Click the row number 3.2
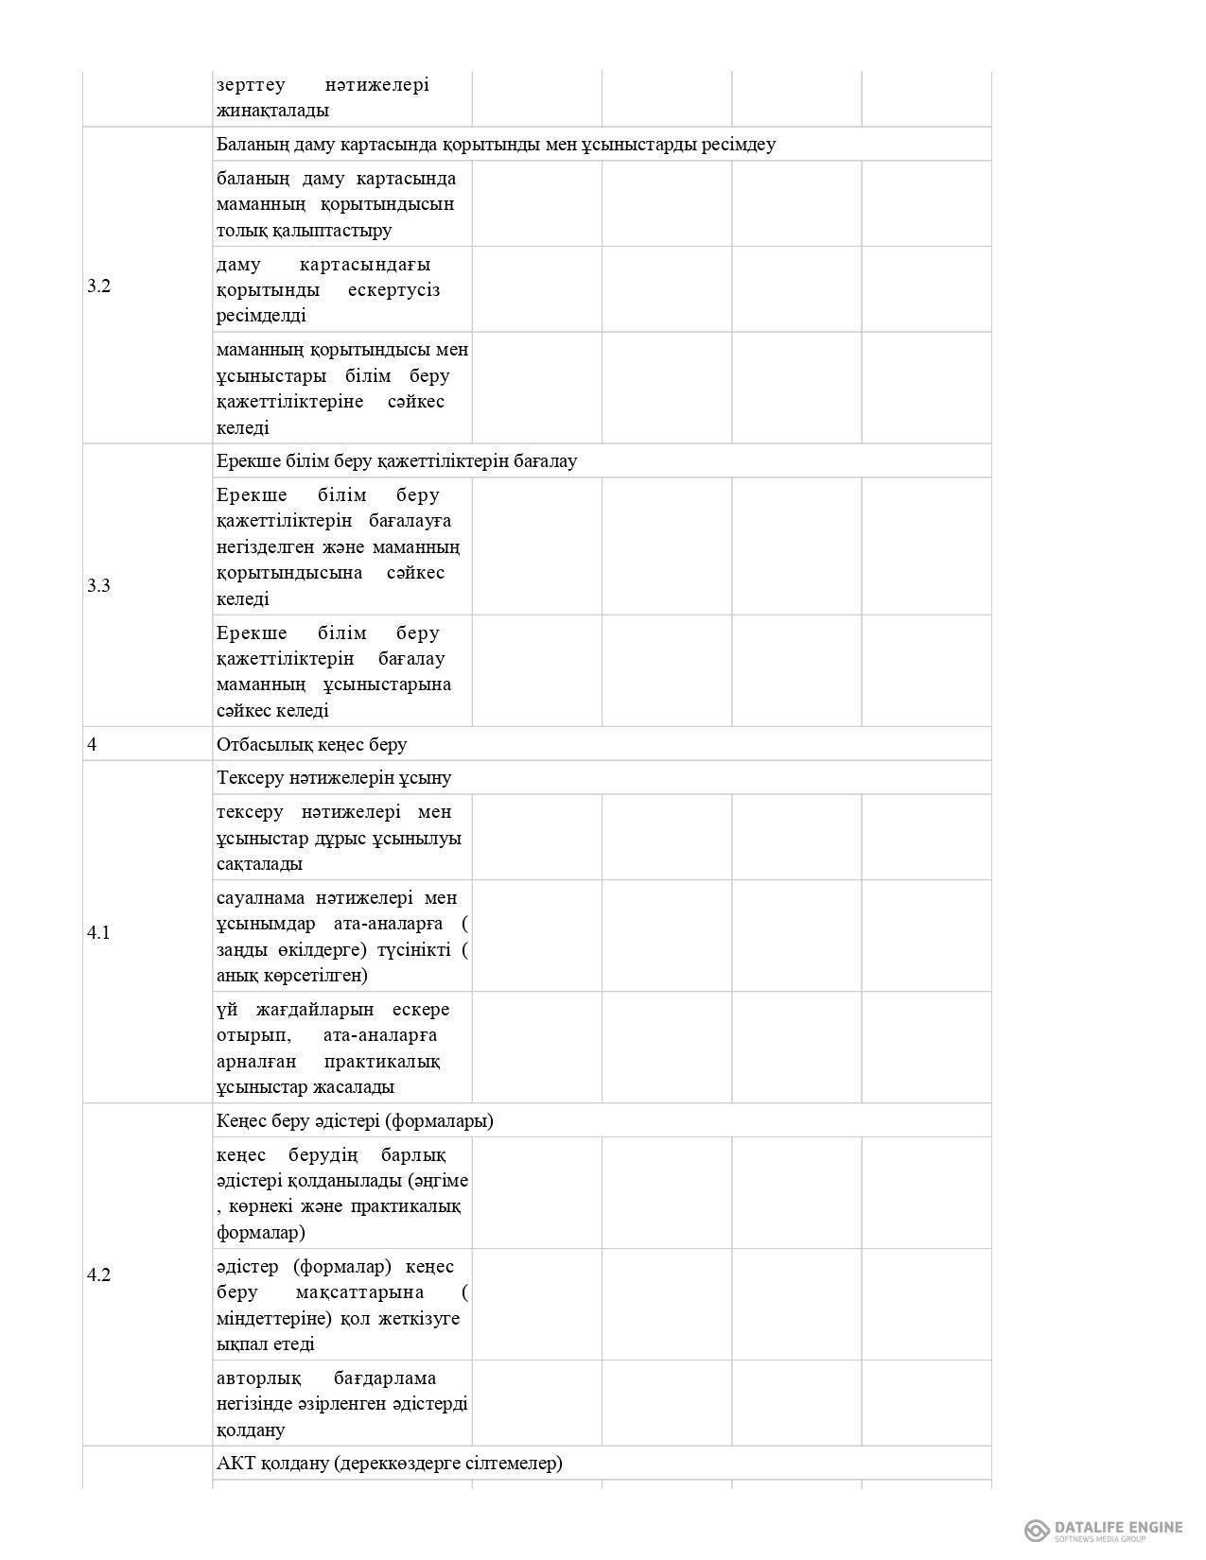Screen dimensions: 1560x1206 pyautogui.click(x=99, y=286)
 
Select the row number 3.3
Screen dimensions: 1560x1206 pyautogui.click(x=99, y=585)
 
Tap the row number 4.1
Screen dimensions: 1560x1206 pyautogui.click(x=99, y=932)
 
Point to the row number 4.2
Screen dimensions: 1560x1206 pyautogui.click(x=99, y=1274)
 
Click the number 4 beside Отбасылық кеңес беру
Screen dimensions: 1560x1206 pyautogui.click(x=92, y=744)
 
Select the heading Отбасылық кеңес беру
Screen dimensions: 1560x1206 pyautogui.click(x=312, y=744)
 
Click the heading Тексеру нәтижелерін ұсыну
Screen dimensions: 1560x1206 pyautogui.click(x=334, y=777)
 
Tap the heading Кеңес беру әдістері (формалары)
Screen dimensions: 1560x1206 pyautogui.click(x=355, y=1120)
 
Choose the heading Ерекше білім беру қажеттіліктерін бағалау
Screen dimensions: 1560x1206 pyautogui.click(x=396, y=460)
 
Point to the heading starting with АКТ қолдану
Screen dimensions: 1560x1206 pyautogui.click(x=389, y=1463)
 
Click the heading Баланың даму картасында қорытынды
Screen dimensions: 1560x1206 pyautogui.click(x=496, y=144)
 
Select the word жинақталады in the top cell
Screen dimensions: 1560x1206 pyautogui.click(x=272, y=110)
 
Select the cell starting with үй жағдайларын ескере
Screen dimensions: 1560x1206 pyautogui.click(x=341, y=1048)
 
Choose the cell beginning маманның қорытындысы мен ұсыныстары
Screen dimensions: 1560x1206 pyautogui.click(x=341, y=388)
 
